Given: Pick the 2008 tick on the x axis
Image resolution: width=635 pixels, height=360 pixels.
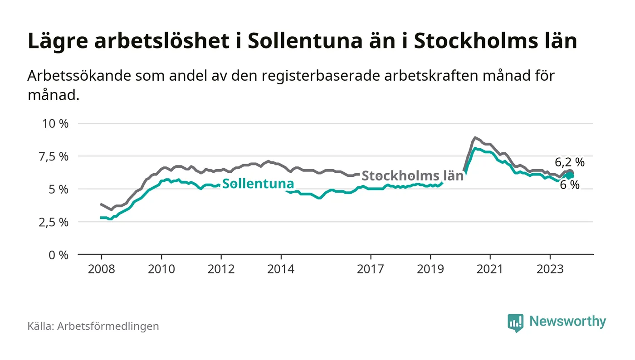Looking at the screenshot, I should pos(101,269).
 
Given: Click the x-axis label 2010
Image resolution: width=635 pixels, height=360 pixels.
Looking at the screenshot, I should pos(161,269).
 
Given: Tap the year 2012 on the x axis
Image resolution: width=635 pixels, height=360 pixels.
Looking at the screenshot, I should pos(221,269).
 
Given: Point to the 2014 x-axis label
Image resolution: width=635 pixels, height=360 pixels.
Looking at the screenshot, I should pos(281,269).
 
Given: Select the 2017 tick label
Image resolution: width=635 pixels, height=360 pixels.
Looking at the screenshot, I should pos(371,269).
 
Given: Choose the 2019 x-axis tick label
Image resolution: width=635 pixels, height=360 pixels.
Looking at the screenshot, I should pos(430,269).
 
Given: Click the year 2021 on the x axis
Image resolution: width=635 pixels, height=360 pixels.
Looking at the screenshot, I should pos(490,269).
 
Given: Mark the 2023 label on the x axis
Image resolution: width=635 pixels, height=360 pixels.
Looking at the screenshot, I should pos(550,269).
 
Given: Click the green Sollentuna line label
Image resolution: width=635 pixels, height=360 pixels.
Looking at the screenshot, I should pos(258,184).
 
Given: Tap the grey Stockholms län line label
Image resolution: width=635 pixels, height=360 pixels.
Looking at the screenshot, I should pos(413,176).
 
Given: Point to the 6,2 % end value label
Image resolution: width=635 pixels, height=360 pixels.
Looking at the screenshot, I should pos(570,162).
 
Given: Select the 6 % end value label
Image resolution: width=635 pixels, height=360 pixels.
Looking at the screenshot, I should pos(570,185).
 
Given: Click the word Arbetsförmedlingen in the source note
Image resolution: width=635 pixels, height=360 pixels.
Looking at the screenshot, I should pos(108,326).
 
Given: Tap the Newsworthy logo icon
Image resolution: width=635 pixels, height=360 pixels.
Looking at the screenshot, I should pos(515,323).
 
